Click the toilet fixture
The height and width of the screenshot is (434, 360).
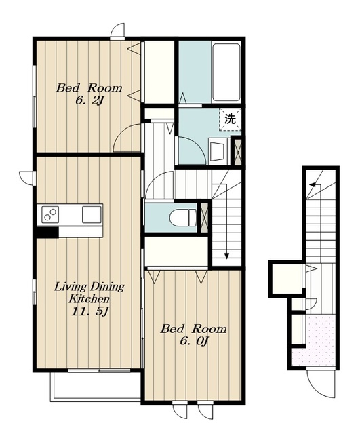(x=183, y=217)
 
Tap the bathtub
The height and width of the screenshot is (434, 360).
(x=226, y=73)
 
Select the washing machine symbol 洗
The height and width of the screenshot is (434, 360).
(x=230, y=119)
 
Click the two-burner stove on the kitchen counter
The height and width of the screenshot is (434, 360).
(x=50, y=214)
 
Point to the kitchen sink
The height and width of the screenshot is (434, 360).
(x=92, y=214)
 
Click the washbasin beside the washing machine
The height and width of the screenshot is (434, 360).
(x=218, y=151)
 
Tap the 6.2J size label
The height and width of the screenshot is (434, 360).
(x=89, y=101)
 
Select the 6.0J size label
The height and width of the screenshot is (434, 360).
(x=194, y=341)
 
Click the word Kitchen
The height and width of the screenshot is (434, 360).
(x=89, y=299)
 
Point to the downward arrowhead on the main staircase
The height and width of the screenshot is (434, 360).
(x=226, y=256)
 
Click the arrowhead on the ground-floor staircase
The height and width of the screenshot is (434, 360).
(x=313, y=184)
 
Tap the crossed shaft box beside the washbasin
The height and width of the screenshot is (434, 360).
(x=238, y=152)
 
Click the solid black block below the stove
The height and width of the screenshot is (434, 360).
(x=47, y=232)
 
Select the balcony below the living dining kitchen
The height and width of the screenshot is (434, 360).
(x=96, y=386)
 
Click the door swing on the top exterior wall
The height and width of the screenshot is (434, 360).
(x=117, y=31)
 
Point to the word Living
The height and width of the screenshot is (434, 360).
(x=70, y=287)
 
